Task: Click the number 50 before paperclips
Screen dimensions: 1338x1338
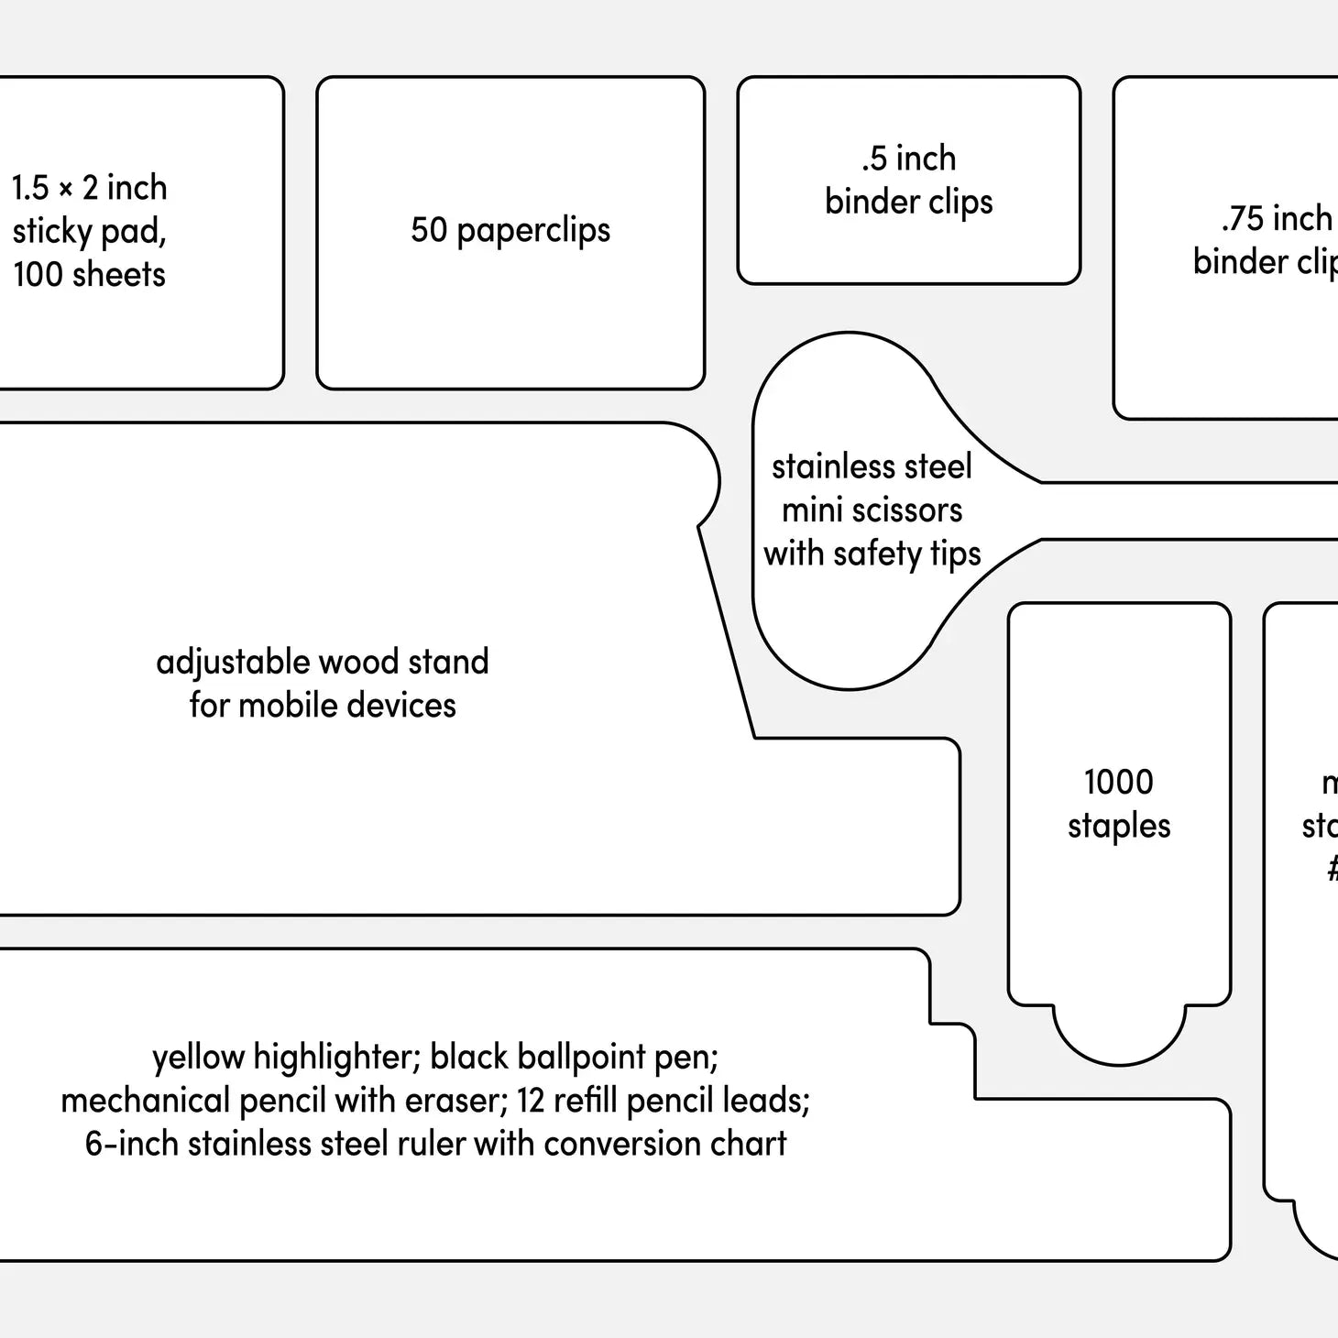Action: pyautogui.click(x=429, y=230)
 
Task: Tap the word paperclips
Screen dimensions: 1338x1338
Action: pyautogui.click(x=533, y=231)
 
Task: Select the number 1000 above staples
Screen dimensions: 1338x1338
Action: pyautogui.click(x=1118, y=783)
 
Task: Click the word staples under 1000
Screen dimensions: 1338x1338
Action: pyautogui.click(x=1119, y=827)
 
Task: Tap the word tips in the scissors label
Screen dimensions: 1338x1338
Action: pyautogui.click(x=955, y=554)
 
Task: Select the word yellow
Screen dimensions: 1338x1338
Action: pyautogui.click(x=199, y=1058)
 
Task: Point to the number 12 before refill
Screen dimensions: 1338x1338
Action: pyautogui.click(x=531, y=1101)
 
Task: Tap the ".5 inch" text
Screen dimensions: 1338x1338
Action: pyautogui.click(x=908, y=159)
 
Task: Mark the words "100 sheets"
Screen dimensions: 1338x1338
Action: pyautogui.click(x=89, y=274)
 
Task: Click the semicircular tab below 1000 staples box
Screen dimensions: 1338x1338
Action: pyautogui.click(x=1119, y=1036)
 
